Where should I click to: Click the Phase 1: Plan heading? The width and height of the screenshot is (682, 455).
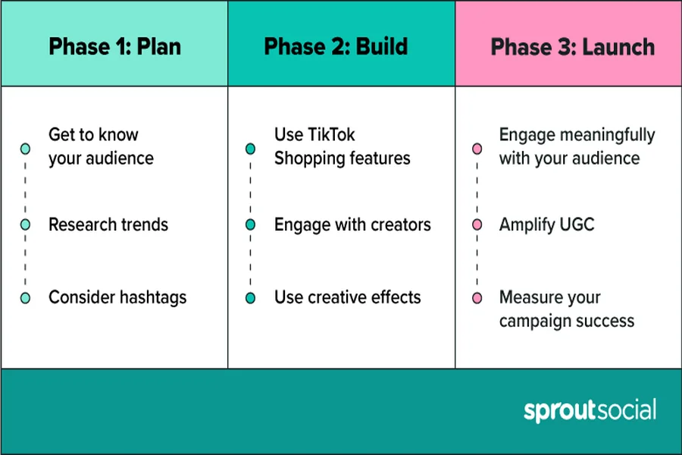pyautogui.click(x=115, y=46)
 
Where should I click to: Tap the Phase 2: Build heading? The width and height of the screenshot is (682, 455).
pyautogui.click(x=336, y=46)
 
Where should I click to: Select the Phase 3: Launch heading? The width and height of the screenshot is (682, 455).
pyautogui.click(x=572, y=47)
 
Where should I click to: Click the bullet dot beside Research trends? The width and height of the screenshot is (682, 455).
pyautogui.click(x=25, y=224)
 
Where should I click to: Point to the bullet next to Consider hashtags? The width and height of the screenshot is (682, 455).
pyautogui.click(x=25, y=298)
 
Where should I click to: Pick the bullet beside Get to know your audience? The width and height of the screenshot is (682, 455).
pyautogui.click(x=25, y=149)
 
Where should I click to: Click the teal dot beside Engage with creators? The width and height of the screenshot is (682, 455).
pyautogui.click(x=250, y=224)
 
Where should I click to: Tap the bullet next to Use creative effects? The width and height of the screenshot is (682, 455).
pyautogui.click(x=250, y=298)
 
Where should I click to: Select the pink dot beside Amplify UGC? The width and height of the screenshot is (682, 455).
pyautogui.click(x=477, y=224)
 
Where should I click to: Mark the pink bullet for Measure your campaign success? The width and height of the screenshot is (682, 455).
pyautogui.click(x=477, y=298)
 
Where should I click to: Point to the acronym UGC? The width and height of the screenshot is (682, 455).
pyautogui.click(x=577, y=224)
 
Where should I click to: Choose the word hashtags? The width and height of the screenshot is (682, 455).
pyautogui.click(x=152, y=298)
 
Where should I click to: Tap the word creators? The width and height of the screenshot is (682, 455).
pyautogui.click(x=401, y=224)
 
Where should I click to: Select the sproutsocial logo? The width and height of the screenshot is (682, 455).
pyautogui.click(x=590, y=410)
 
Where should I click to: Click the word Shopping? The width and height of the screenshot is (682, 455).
pyautogui.click(x=306, y=159)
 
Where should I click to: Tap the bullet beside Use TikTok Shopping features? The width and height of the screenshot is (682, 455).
pyautogui.click(x=250, y=149)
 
